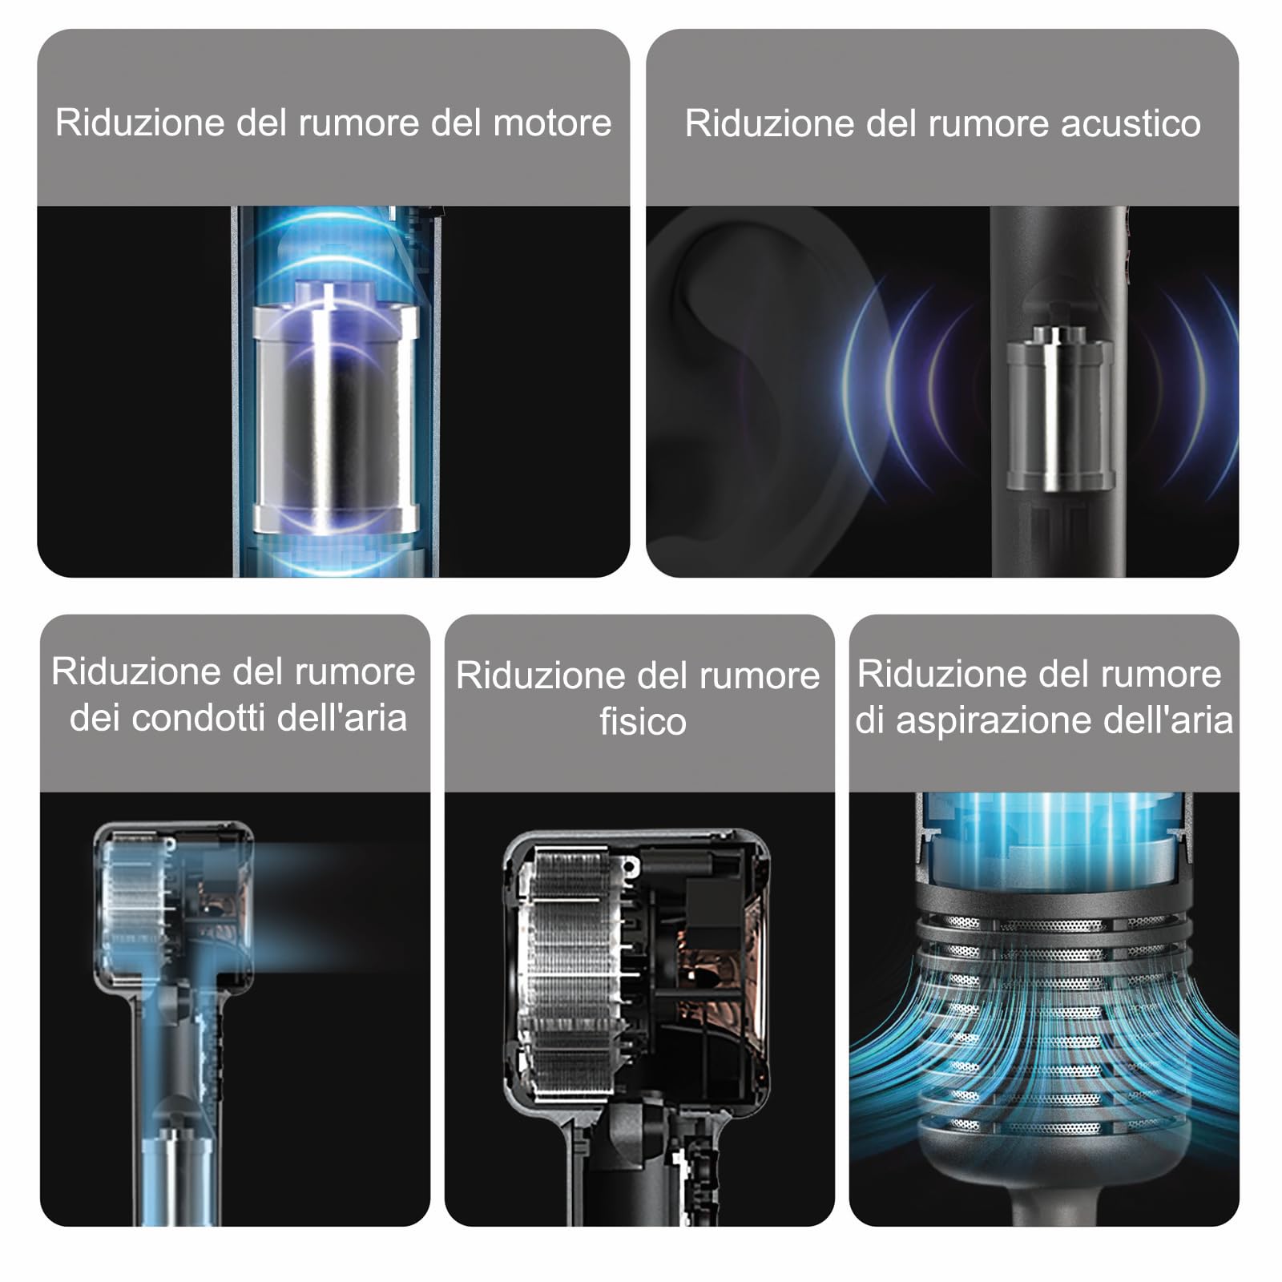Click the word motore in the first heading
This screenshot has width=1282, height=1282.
tap(552, 123)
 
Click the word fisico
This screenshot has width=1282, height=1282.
tap(643, 721)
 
